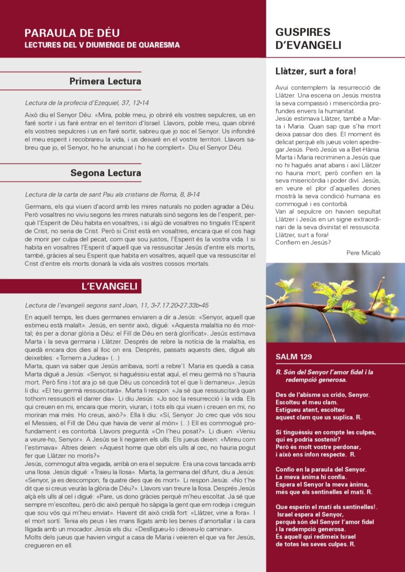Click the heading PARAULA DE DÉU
(x=72, y=33)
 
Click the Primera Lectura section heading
(x=105, y=82)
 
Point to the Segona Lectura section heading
(x=106, y=173)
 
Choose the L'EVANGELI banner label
(x=109, y=286)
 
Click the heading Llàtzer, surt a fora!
(x=316, y=71)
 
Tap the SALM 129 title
(x=294, y=357)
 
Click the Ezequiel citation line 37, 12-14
(x=87, y=103)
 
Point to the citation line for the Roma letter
(x=112, y=194)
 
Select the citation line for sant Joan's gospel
(x=117, y=306)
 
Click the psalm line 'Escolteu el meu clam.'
(x=307, y=402)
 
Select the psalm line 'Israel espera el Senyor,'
(x=310, y=514)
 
